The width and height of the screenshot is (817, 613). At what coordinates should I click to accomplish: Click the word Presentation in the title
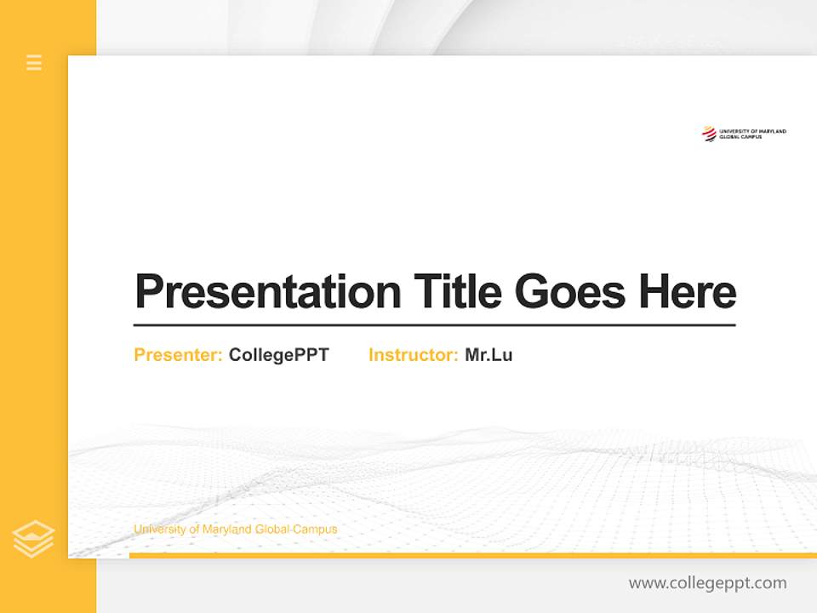click(267, 292)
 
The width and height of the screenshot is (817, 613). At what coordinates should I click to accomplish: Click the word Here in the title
click(688, 292)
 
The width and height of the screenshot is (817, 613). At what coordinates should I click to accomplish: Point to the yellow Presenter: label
click(178, 355)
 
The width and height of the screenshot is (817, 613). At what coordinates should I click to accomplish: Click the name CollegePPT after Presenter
click(278, 355)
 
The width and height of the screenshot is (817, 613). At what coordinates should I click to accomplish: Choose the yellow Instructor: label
click(413, 355)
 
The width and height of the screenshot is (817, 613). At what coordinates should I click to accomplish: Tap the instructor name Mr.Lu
click(488, 355)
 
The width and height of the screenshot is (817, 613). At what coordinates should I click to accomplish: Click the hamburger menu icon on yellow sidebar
click(34, 62)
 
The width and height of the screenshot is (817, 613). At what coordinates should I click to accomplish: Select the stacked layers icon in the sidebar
click(33, 539)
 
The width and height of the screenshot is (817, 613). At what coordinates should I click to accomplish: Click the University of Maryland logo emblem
click(708, 134)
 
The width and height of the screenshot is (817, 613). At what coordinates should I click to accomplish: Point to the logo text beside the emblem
click(752, 134)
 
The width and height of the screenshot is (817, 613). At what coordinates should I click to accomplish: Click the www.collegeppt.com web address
click(707, 583)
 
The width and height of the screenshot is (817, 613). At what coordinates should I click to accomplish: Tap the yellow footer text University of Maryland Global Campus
click(235, 530)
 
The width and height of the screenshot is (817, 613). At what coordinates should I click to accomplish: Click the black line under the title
click(434, 324)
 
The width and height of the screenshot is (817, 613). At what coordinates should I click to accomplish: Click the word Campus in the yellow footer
click(315, 530)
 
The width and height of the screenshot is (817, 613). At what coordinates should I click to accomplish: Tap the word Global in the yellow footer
click(272, 530)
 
